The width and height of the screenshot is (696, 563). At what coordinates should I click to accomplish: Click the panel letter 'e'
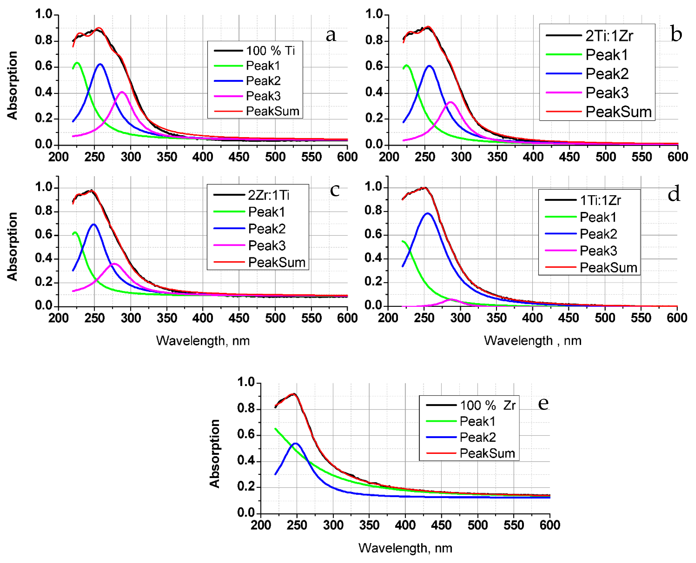(543, 403)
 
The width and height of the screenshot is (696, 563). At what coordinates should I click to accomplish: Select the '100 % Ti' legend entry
(270, 51)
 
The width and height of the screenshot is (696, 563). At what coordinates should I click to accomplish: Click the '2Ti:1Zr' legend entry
(609, 35)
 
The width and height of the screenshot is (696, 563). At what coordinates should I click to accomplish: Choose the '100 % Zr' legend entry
(487, 405)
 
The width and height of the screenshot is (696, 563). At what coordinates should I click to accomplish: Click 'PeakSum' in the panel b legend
(618, 112)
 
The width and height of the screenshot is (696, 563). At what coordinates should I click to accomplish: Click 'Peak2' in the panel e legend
(477, 437)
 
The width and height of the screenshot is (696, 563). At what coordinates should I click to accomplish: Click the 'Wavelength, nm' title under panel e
(405, 548)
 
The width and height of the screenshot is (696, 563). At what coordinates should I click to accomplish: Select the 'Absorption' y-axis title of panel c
(12, 246)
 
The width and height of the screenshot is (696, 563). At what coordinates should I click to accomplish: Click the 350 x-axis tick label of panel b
(497, 157)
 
